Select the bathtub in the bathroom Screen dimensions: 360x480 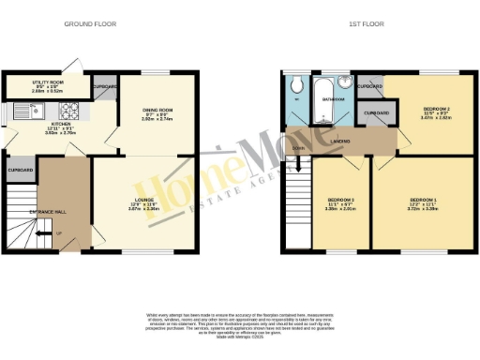[324, 110]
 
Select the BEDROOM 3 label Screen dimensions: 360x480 [340, 201]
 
